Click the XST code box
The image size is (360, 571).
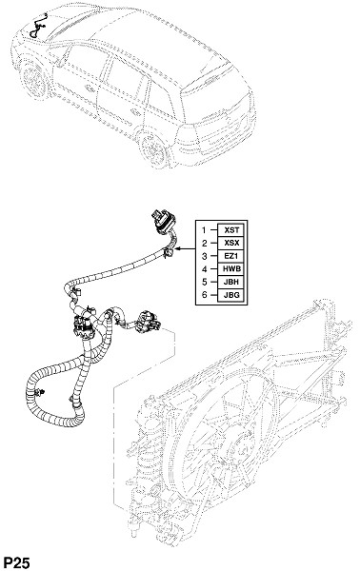(231, 230)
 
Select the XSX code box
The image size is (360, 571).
(231, 243)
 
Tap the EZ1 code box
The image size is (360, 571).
(231, 256)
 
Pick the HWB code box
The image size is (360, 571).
(231, 269)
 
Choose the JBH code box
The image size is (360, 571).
(231, 282)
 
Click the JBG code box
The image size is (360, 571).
(231, 295)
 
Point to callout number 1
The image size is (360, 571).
(204, 230)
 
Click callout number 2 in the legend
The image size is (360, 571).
(204, 244)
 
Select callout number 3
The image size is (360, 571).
(204, 256)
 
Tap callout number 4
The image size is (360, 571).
(204, 269)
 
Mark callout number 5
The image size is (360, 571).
(204, 283)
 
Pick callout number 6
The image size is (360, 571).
(204, 295)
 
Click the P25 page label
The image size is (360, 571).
(16, 563)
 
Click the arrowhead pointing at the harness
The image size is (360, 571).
(177, 249)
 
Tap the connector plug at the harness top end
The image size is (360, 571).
(163, 221)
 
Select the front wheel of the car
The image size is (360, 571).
(33, 80)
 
